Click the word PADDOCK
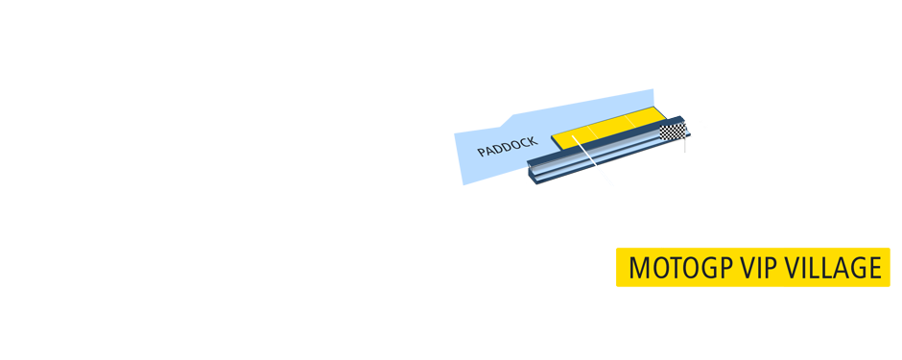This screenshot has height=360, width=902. point(508,147)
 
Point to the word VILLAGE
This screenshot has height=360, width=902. point(833,269)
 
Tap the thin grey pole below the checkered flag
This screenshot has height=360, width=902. point(685,146)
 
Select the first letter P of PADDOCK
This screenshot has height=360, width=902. point(482,154)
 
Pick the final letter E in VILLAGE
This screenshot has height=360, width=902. point(873,269)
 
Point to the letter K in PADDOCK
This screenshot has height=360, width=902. point(533,140)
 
